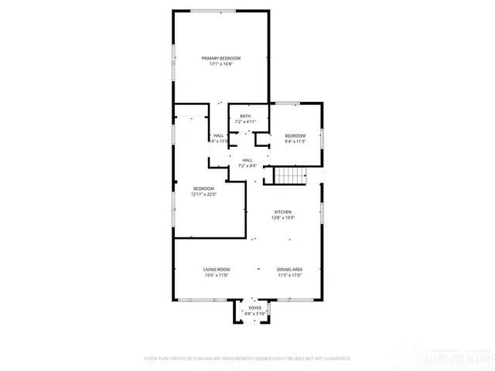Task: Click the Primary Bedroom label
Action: (x=221, y=59)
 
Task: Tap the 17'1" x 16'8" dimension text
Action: (x=221, y=64)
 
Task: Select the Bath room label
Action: (x=245, y=117)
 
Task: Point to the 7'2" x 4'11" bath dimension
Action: (x=245, y=122)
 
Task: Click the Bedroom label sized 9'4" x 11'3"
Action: (x=295, y=136)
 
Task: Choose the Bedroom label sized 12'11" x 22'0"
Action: (x=203, y=189)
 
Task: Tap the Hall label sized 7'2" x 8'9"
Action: (x=247, y=160)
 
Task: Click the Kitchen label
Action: (x=283, y=212)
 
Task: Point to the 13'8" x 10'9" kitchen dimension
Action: (x=283, y=217)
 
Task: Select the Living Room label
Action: (x=217, y=270)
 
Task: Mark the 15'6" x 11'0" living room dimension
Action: (x=217, y=275)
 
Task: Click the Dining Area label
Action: (x=290, y=270)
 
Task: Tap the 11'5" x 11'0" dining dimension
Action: (x=290, y=275)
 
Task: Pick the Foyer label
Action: (x=254, y=308)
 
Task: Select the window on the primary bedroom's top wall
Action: (x=214, y=11)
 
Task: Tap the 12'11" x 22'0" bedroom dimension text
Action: (x=203, y=194)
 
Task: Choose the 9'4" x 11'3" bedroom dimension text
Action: (x=295, y=141)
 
